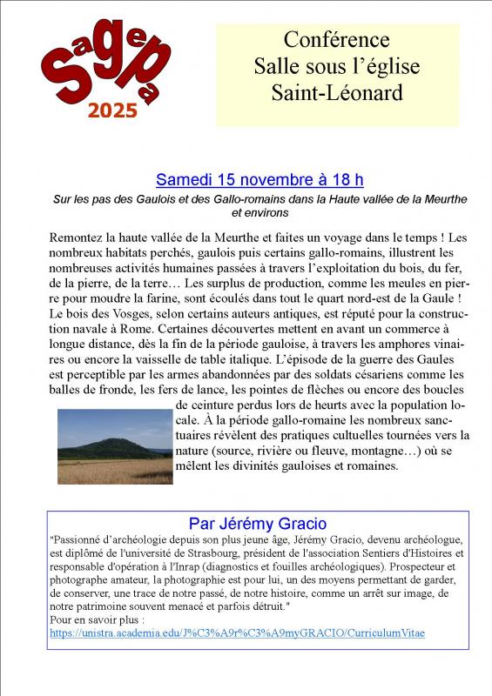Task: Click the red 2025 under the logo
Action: pyautogui.click(x=112, y=110)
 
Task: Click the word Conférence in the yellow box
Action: pyautogui.click(x=337, y=39)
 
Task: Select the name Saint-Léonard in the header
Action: pyautogui.click(x=337, y=91)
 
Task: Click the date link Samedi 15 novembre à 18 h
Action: pyautogui.click(x=259, y=180)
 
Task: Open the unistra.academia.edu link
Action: pyautogui.click(x=238, y=632)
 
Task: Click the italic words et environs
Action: pyautogui.click(x=259, y=211)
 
